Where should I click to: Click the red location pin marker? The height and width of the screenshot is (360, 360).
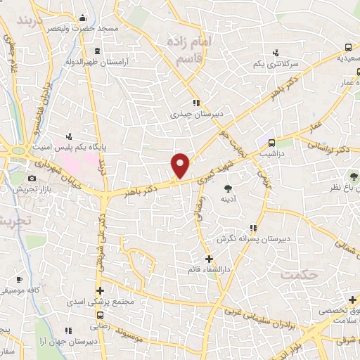pos(181,165)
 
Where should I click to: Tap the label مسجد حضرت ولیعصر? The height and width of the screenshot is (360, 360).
pos(53,28)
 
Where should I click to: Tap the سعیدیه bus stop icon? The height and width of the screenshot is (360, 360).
pos(349,48)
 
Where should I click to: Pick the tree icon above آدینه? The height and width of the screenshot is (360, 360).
pos(228,188)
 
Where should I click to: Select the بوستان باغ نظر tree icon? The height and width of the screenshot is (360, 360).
pos(353,176)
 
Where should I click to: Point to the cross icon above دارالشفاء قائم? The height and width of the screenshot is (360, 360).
pos(209,259)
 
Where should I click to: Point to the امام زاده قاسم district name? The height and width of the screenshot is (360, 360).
pos(190,48)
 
